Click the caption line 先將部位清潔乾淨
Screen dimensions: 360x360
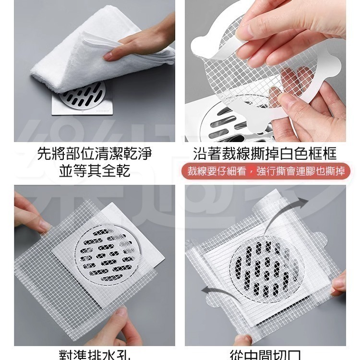(95, 154)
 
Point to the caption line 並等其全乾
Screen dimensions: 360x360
(95, 170)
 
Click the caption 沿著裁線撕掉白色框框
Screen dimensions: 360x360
(264, 154)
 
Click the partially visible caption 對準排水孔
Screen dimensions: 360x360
(95, 355)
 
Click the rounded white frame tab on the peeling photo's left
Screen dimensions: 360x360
(202, 48)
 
